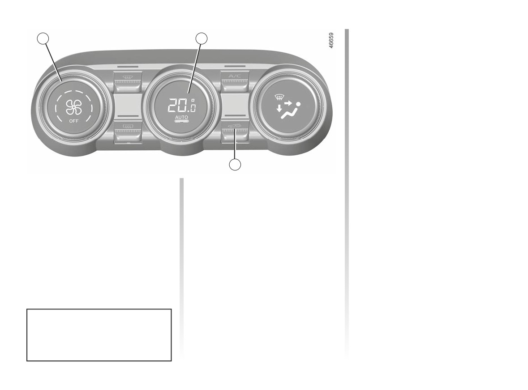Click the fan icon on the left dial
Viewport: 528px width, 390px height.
click(x=74, y=107)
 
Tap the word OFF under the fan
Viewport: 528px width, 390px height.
click(x=74, y=121)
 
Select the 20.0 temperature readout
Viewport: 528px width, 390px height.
click(x=182, y=106)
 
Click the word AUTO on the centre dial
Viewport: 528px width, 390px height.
click(x=181, y=117)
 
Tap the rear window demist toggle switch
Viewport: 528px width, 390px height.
click(x=127, y=133)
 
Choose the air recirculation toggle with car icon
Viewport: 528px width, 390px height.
click(x=235, y=133)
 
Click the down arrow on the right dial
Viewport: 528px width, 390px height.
click(x=279, y=108)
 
